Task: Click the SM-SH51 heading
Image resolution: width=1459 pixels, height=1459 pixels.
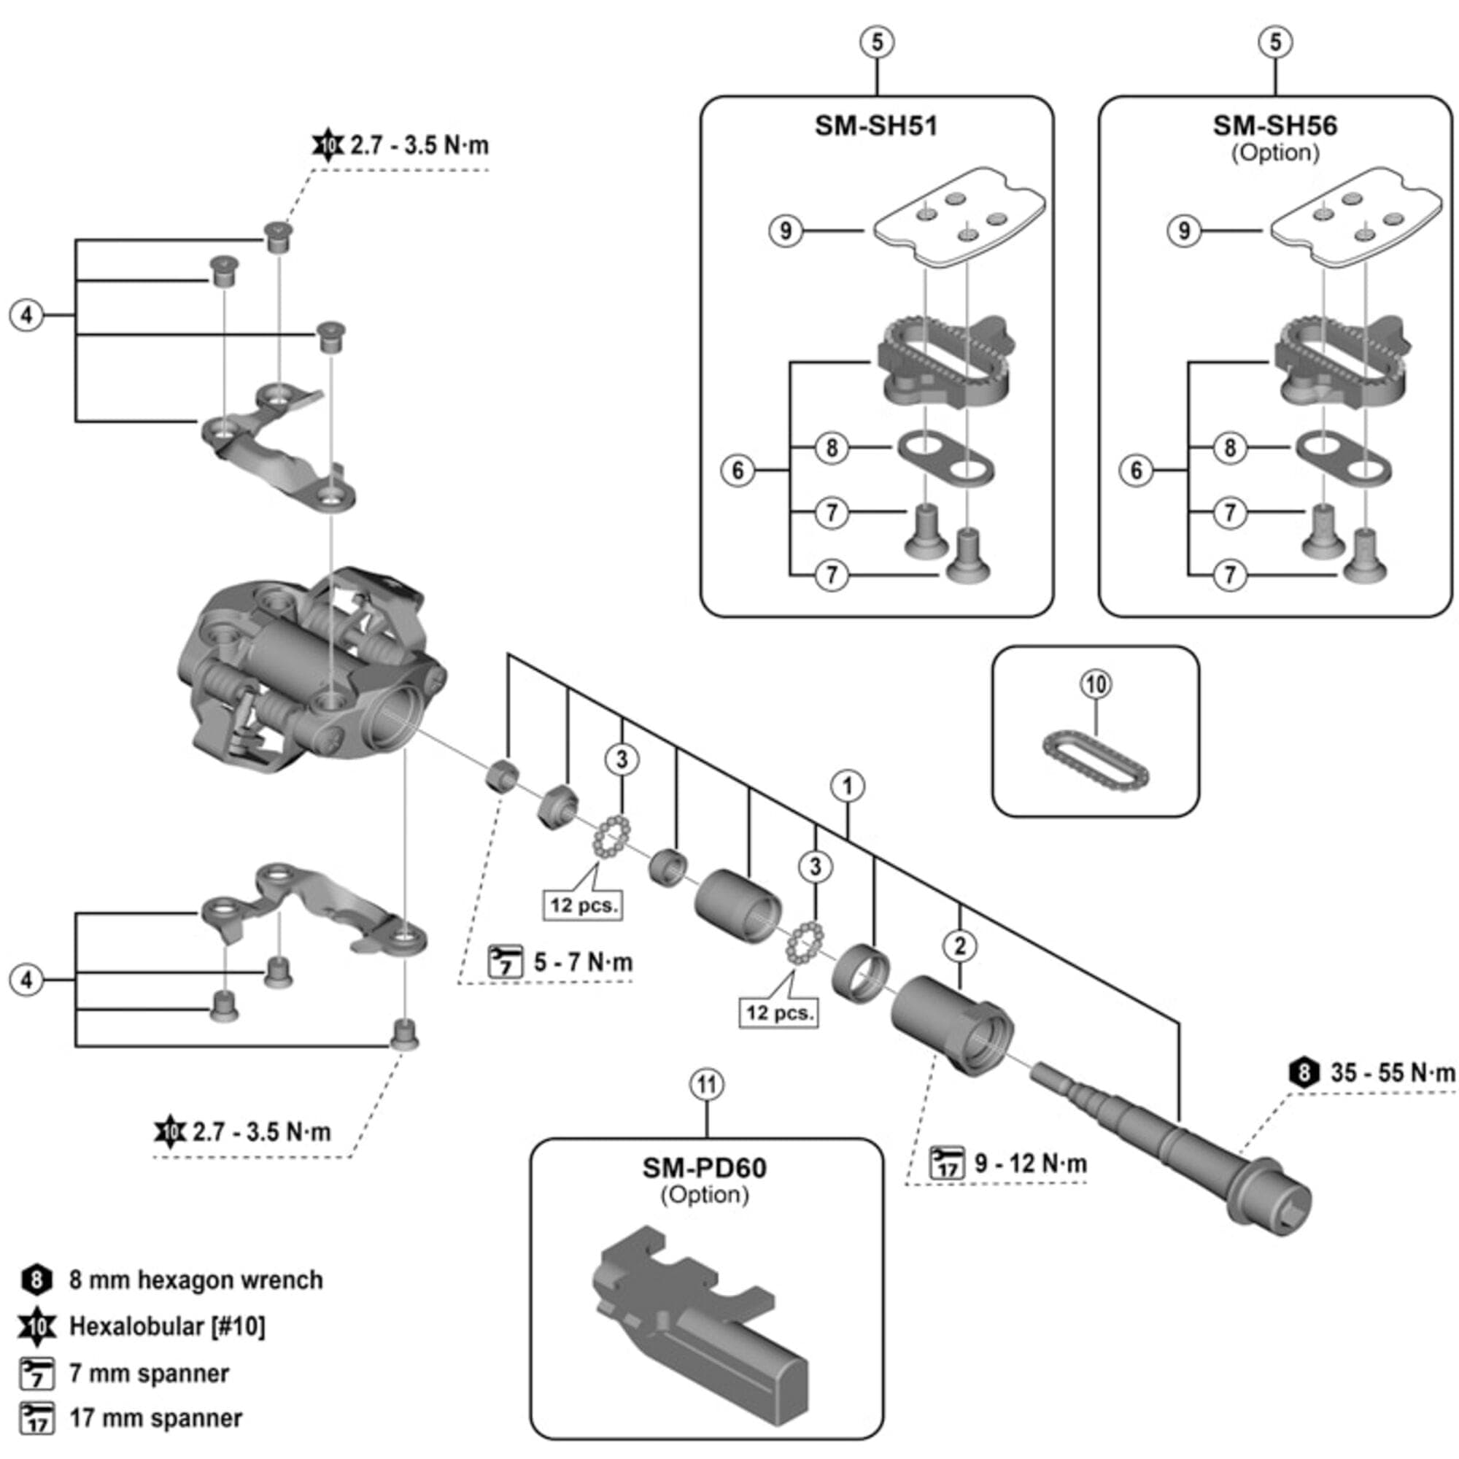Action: pos(876,125)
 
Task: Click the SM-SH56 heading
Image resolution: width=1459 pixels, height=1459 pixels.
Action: pos(1274,125)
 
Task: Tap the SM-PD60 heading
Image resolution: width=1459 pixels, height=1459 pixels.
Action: pos(705,1167)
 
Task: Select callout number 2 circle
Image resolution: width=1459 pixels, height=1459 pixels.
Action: pos(960,945)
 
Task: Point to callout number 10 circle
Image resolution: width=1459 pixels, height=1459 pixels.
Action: pos(1096,684)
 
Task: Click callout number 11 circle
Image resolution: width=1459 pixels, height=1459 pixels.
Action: pos(706,1085)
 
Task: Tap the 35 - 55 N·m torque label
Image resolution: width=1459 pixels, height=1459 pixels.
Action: pos(1391,1072)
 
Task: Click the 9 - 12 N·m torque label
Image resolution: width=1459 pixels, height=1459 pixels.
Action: pos(1030,1163)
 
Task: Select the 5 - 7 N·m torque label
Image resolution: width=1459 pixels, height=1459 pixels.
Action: pos(583,962)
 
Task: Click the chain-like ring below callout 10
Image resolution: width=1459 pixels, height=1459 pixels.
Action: pos(1094,770)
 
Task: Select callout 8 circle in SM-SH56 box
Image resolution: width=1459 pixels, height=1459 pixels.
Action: pos(1229,448)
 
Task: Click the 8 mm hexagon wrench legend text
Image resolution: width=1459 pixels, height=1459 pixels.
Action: pos(196,1280)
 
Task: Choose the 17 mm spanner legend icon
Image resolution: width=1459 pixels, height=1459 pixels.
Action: pos(37,1417)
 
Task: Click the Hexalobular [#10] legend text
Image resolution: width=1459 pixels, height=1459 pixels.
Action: pos(167,1326)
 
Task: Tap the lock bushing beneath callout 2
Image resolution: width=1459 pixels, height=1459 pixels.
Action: pos(953,1026)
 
